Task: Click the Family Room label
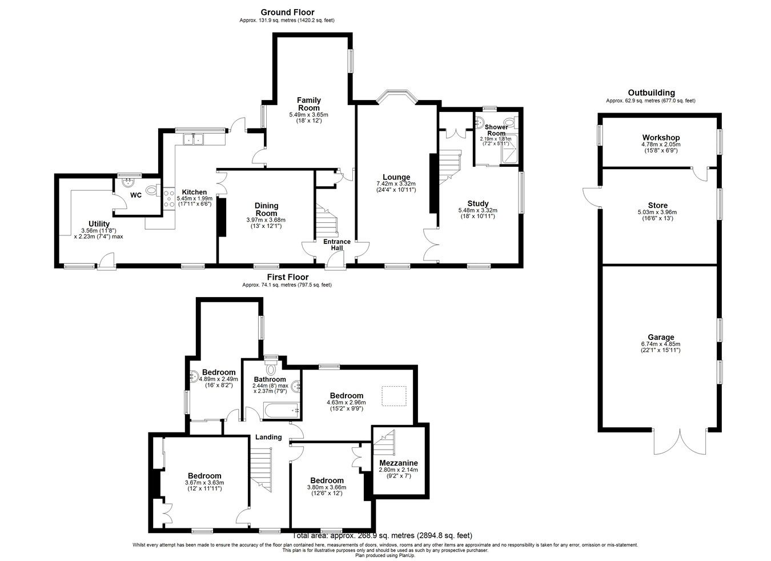pos(308,104)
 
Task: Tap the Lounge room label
pos(396,177)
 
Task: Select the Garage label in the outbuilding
pos(661,337)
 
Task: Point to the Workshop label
pos(661,138)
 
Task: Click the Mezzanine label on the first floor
pos(398,463)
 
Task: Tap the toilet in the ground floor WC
pos(151,191)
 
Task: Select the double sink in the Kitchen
pos(194,138)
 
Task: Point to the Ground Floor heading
pos(287,12)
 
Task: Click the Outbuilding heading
pos(651,93)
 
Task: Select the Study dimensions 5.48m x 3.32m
pos(477,210)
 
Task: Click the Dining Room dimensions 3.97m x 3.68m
pos(266,220)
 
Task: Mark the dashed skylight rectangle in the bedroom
pos(394,395)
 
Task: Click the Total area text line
pos(382,536)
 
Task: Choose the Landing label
pos(268,437)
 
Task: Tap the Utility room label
pos(99,223)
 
